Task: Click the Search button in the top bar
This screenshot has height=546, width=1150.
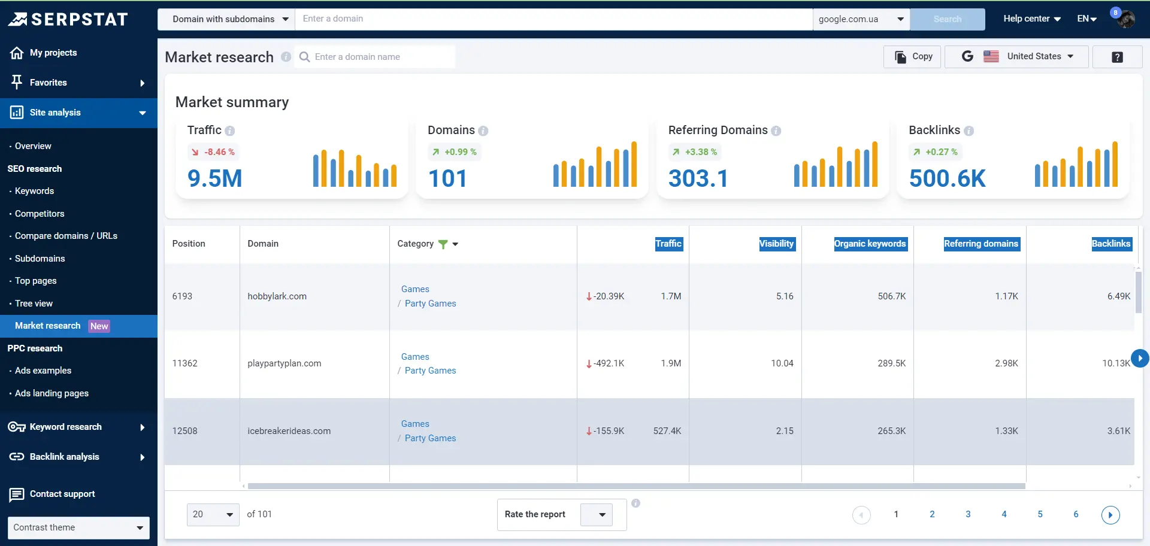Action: tap(947, 19)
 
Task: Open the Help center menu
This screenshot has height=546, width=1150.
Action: tap(1031, 19)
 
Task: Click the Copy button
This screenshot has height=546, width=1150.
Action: tap(913, 56)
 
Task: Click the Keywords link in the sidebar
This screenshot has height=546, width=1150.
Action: tap(34, 191)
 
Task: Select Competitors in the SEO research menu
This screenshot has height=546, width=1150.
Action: tap(40, 214)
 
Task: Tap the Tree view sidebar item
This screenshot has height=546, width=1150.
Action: tap(34, 304)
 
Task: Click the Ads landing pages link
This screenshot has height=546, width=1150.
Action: tap(52, 393)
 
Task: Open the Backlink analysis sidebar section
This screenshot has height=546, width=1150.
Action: tap(65, 457)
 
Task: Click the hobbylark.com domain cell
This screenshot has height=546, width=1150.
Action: tap(277, 296)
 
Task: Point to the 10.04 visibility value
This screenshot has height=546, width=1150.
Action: tap(782, 363)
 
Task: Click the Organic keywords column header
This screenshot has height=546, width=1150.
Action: tap(870, 244)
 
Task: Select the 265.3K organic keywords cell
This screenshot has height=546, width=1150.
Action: tap(891, 431)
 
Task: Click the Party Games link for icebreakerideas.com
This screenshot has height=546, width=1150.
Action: tap(430, 438)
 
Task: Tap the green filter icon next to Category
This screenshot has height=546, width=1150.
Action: tap(443, 244)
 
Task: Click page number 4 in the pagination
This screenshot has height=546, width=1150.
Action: tap(1004, 514)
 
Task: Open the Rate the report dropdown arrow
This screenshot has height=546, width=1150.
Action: tap(602, 515)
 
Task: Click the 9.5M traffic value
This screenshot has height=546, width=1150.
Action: tap(214, 178)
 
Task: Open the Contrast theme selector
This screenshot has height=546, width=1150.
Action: tap(78, 527)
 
